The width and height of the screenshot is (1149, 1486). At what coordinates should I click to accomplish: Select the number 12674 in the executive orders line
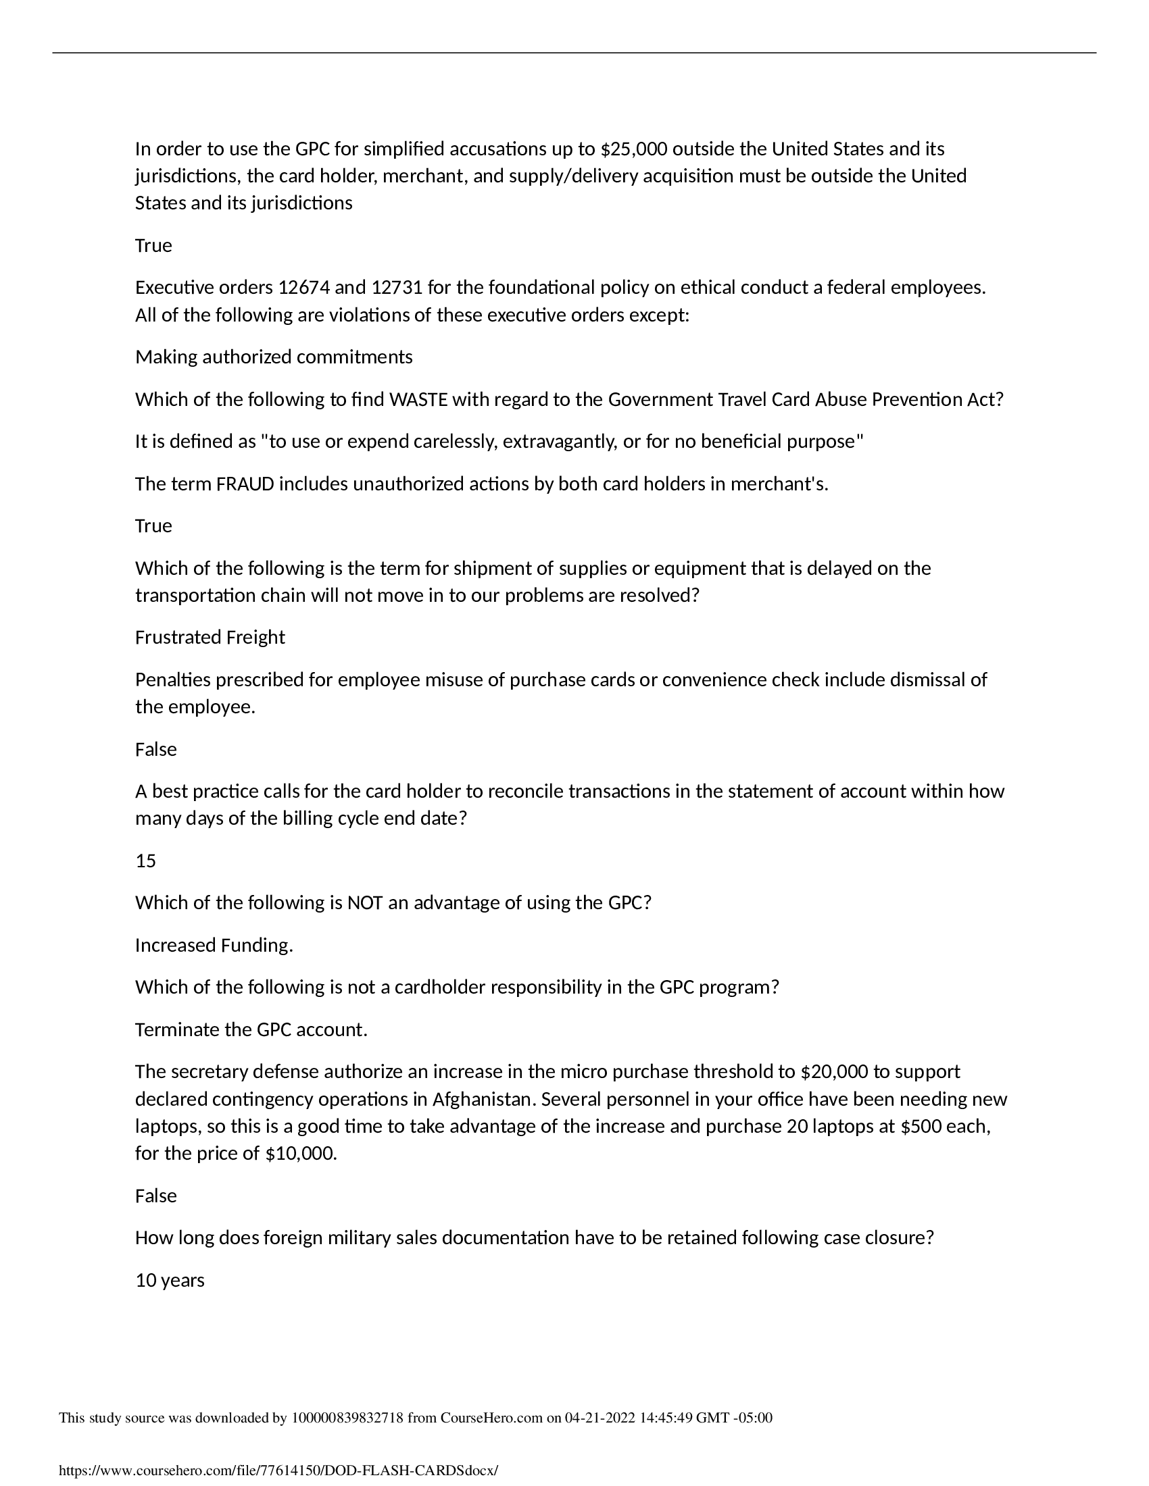click(303, 288)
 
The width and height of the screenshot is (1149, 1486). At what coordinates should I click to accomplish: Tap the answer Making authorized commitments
click(274, 357)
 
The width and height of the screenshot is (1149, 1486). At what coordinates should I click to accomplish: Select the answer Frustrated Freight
click(210, 638)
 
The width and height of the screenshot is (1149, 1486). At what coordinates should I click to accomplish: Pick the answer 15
click(146, 861)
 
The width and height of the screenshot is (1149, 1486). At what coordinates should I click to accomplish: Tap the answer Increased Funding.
click(214, 945)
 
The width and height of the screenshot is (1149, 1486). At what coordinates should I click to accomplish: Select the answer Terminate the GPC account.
click(251, 1029)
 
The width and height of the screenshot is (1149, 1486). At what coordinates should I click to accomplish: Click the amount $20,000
click(834, 1072)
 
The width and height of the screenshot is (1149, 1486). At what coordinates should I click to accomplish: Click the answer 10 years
click(170, 1280)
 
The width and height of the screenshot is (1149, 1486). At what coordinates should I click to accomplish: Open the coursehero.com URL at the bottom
click(278, 1470)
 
